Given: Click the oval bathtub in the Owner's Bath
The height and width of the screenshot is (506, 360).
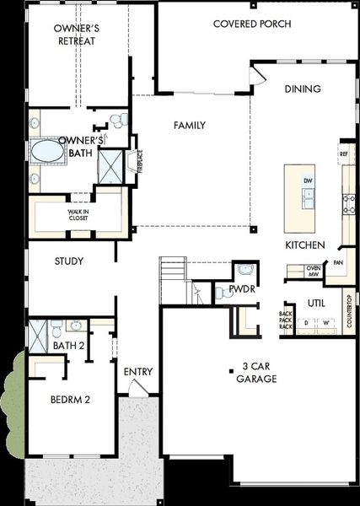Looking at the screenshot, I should pos(47,152).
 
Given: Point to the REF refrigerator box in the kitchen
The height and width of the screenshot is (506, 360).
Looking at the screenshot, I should pos(343,154).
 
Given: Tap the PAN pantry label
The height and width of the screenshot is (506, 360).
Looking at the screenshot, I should pos(337,263).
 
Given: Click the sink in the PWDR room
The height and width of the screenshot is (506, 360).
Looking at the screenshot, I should pos(245,270).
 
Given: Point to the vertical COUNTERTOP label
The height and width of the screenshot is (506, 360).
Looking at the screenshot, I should pos(348,310).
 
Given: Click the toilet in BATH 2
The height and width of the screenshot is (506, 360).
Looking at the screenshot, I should pos(54,325).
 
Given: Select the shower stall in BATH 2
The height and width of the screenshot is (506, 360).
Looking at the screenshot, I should pos(37,336).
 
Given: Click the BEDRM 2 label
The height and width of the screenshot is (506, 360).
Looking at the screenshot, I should pos(70,399).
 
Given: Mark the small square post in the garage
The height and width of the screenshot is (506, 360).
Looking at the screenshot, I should pos(231,369).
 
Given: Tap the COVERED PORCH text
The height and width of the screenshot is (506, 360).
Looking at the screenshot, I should pos(252,24).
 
